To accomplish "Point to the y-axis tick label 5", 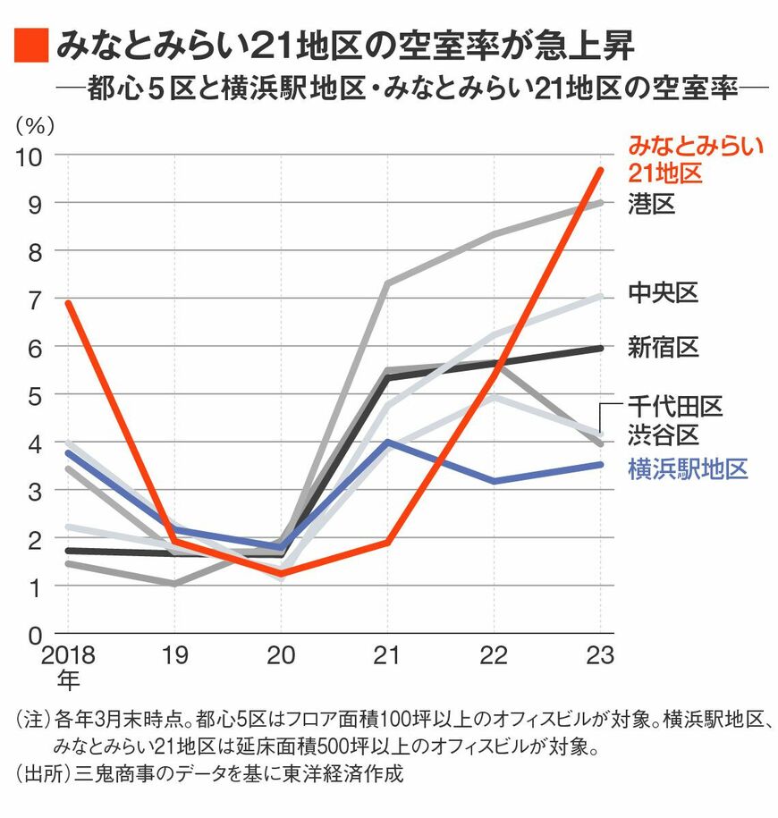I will [37, 395].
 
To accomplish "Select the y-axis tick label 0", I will [37, 636].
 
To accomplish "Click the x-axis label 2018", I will [68, 656].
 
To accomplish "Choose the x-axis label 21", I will [387, 656].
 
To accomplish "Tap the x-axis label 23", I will [600, 656].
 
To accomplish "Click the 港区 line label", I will [650, 204].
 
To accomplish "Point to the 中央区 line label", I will [663, 292].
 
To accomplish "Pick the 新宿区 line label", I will [663, 347].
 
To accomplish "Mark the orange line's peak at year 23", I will [600, 170].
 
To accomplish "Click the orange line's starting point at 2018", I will [68, 303].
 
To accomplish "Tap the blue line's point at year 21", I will [387, 442].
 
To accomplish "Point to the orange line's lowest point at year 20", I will [281, 573].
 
